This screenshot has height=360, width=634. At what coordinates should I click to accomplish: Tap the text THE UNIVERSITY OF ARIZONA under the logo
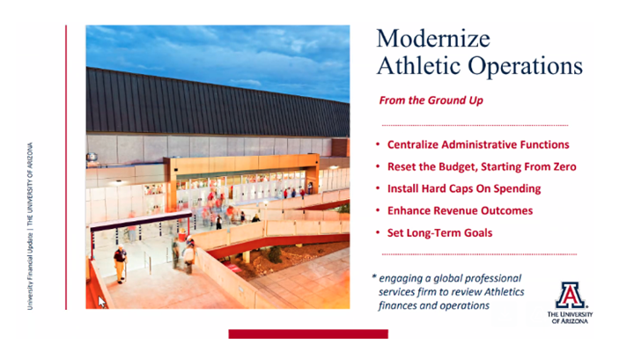click(570, 318)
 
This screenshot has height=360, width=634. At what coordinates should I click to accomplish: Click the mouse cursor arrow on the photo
click(102, 301)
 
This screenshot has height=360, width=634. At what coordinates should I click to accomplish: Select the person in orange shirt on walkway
click(120, 262)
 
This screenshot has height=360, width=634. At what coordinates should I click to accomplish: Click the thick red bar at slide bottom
click(307, 334)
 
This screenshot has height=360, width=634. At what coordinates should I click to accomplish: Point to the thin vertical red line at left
click(67, 167)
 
